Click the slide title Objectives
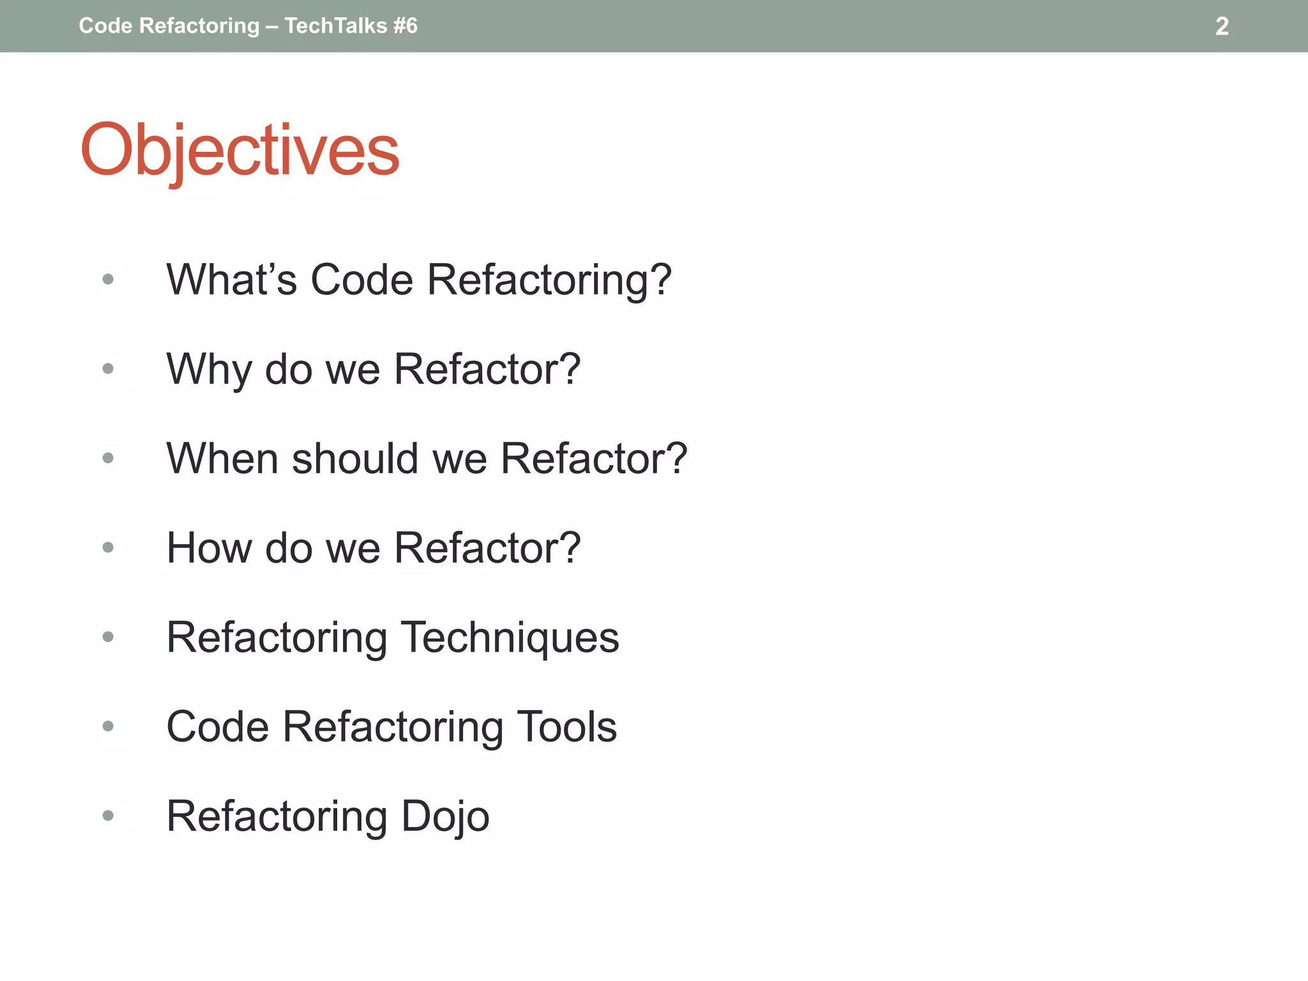click(x=240, y=151)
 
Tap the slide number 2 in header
click(x=1221, y=26)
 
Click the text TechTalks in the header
click(x=335, y=26)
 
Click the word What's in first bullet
click(x=231, y=280)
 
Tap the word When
click(x=222, y=459)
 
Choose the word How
click(x=208, y=548)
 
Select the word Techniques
click(x=510, y=637)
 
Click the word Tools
click(x=567, y=727)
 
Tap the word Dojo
click(x=445, y=816)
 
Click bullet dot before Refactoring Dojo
click(x=108, y=816)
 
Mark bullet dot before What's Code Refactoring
click(x=108, y=279)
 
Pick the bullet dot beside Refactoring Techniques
click(x=108, y=637)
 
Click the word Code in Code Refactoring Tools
click(x=217, y=727)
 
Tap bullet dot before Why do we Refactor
click(x=108, y=369)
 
